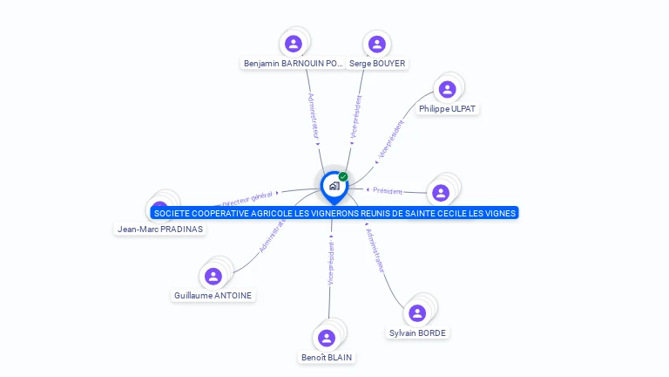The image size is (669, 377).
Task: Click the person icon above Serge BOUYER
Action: (x=376, y=44)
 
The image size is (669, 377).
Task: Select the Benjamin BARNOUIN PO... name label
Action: (x=294, y=64)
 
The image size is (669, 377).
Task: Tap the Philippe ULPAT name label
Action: (x=448, y=109)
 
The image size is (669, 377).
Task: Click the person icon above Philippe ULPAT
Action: (x=448, y=89)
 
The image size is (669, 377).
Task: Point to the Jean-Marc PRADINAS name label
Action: (x=160, y=230)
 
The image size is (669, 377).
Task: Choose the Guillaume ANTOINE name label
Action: (x=213, y=296)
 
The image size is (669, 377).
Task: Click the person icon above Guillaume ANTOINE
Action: (x=213, y=276)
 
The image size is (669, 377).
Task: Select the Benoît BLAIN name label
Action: (x=328, y=357)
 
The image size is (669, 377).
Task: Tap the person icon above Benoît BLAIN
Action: (x=328, y=338)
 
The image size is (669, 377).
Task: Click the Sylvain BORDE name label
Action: (x=418, y=332)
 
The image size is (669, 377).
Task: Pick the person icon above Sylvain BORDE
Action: (x=418, y=312)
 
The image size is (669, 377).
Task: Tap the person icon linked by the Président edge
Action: (x=441, y=193)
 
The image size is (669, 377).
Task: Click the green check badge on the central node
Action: (x=343, y=177)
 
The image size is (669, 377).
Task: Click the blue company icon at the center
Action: (x=334, y=186)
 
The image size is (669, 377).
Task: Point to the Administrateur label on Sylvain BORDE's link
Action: (x=375, y=250)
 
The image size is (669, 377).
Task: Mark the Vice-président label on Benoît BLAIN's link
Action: (x=331, y=264)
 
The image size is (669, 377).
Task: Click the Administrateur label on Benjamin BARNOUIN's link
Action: (x=314, y=113)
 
